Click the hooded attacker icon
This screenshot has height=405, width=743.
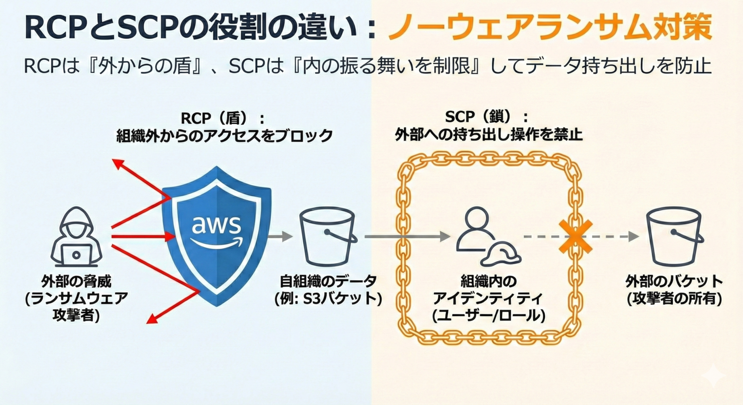76,237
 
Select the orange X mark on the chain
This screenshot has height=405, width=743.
575,237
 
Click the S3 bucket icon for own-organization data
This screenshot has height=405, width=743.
328,236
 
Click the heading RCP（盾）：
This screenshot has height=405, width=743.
222,118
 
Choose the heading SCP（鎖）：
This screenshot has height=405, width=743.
487,116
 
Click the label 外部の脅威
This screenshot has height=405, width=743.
76,282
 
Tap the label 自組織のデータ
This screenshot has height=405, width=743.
328,281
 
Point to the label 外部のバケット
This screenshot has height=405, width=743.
674,282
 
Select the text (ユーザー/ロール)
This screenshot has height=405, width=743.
489,316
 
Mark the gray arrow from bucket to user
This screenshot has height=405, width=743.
407,236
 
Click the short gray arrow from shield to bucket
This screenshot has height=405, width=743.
280,236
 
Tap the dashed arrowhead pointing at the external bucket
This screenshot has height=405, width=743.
633,236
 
